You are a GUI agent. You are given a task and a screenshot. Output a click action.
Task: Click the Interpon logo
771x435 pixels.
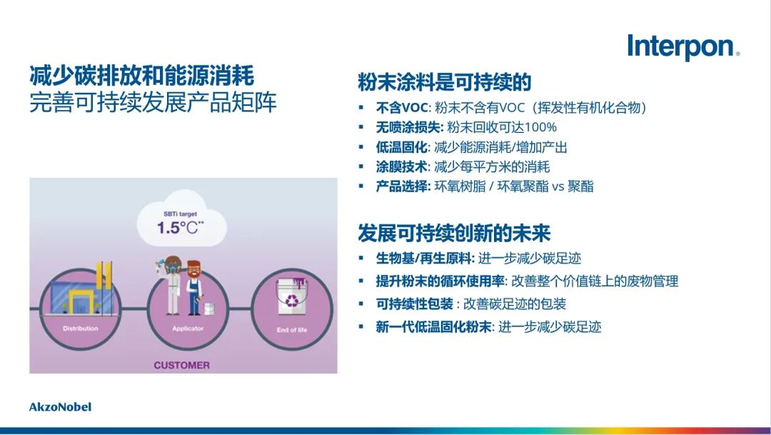(683, 47)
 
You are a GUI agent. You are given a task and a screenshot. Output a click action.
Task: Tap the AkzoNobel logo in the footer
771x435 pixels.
(60, 407)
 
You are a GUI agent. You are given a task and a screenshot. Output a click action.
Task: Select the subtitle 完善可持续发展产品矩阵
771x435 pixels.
(153, 102)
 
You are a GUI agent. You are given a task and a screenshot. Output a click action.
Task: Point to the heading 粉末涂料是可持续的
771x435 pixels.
(445, 82)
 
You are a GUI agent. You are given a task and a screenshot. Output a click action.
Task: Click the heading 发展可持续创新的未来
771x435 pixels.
(454, 233)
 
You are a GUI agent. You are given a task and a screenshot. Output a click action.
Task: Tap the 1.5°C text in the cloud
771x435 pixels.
(180, 228)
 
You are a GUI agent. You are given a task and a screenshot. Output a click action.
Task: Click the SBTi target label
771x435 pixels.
(180, 214)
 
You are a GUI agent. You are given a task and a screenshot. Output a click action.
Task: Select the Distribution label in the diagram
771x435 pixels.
(80, 329)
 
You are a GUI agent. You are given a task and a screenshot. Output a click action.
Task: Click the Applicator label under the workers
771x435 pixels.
(188, 329)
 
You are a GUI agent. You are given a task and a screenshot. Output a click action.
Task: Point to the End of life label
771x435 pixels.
(291, 330)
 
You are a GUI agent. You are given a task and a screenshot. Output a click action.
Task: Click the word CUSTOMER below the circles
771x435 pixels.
(182, 365)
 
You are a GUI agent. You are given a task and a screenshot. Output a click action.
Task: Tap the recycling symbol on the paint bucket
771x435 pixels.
(291, 300)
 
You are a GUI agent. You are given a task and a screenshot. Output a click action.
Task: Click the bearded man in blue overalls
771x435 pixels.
(195, 287)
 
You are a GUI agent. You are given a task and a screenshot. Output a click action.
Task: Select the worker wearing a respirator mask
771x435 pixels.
(171, 286)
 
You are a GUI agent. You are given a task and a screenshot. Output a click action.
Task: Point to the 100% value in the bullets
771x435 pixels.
(540, 127)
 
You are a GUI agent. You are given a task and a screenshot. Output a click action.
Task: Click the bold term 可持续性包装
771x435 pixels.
(415, 304)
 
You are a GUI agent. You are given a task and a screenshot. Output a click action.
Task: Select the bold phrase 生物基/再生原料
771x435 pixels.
(424, 259)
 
